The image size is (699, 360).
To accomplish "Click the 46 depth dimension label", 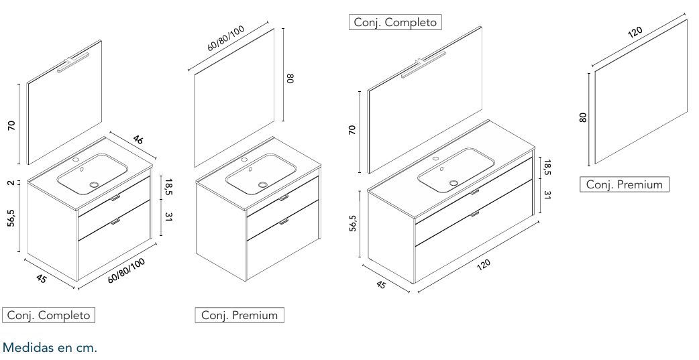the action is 138,139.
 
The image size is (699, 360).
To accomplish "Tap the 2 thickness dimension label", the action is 11,182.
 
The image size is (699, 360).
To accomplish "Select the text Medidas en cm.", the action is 50,347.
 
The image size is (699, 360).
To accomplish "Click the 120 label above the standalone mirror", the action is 635,32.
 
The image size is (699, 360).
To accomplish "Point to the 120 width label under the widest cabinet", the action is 483,264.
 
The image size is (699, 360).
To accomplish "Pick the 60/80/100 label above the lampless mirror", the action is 226,38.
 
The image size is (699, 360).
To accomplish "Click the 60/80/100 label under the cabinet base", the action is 127,270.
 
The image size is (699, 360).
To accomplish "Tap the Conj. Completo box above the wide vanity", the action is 395,22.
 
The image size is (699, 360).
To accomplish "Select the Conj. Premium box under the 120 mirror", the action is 624,184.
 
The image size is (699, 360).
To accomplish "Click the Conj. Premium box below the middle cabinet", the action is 239,315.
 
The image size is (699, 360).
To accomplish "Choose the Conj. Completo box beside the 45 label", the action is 48,315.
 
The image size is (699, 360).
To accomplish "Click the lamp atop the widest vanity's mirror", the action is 423,64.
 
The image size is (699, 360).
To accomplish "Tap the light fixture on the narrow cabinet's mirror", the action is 73,63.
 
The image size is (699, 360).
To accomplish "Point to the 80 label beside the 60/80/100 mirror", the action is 290,79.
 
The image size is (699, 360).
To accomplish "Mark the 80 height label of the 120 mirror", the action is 583,117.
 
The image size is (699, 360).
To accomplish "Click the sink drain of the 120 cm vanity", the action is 454,182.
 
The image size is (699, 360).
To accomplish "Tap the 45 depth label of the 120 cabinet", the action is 380,284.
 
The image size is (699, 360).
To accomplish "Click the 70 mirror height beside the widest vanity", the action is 352,130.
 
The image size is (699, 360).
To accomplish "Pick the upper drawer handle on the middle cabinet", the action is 284,198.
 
